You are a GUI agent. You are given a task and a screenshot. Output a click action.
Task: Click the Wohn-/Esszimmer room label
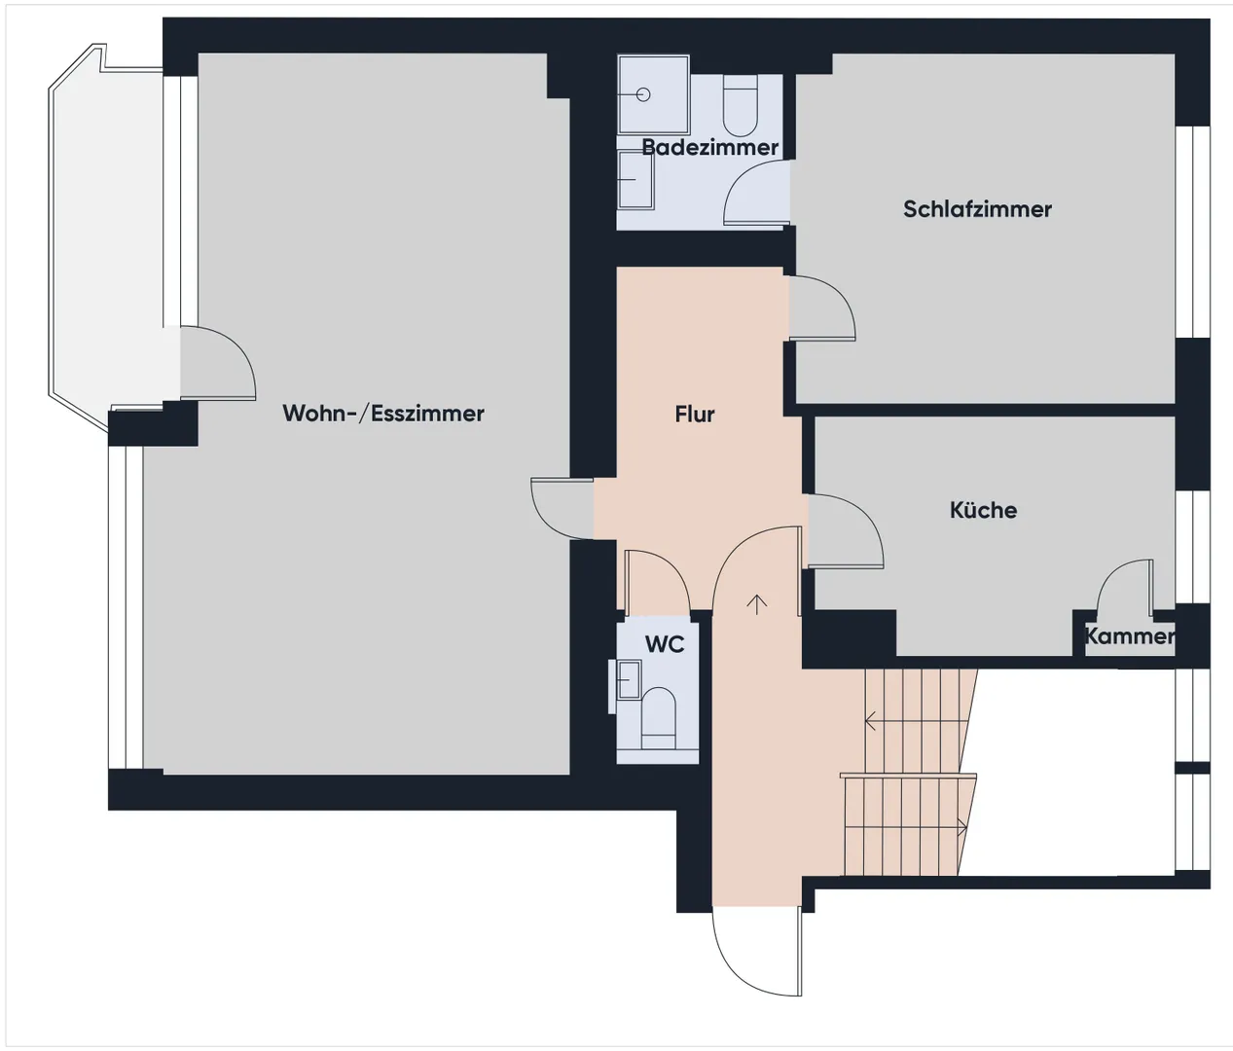coord(383,414)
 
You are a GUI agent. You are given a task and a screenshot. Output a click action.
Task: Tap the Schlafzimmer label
coord(977,209)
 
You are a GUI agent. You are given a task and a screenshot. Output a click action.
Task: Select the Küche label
coord(983,510)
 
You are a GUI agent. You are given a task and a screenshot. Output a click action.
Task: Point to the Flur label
coord(694,414)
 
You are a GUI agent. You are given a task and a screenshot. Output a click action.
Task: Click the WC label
coord(665,644)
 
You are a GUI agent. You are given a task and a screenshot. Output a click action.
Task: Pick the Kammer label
coord(1129,635)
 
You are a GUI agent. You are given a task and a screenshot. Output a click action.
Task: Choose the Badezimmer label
coord(709,147)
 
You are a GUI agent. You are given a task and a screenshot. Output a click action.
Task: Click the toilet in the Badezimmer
coord(741,105)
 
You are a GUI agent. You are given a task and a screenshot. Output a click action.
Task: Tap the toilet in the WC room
coord(659,719)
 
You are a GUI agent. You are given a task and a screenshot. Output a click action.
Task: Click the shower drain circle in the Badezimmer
coord(643,94)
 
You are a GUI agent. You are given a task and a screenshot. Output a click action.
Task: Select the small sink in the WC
coord(628,679)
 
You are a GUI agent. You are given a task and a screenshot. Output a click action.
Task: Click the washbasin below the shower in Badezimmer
coord(635,180)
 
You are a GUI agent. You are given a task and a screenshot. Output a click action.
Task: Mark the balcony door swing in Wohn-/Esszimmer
coord(218,363)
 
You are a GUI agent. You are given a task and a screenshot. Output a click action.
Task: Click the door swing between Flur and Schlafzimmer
coord(822,308)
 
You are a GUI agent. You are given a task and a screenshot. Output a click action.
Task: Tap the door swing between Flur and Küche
coord(846,531)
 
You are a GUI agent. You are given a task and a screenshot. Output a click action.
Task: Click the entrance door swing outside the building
coord(757,952)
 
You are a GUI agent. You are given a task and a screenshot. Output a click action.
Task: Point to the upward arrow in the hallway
coord(757,605)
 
